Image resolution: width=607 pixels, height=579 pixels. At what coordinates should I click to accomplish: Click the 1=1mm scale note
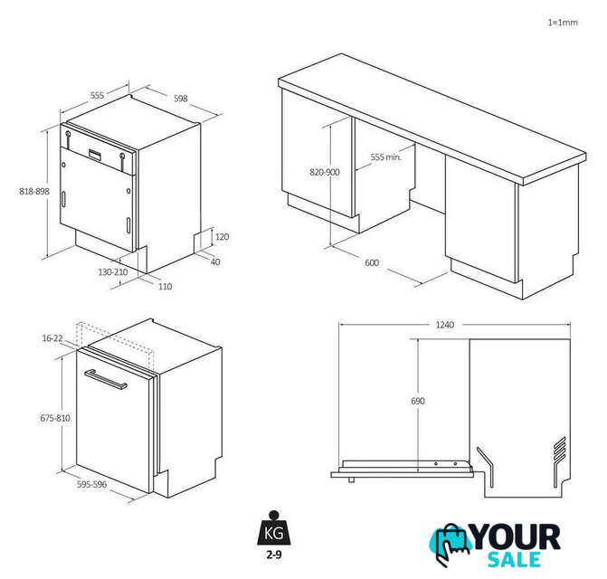(x=563, y=23)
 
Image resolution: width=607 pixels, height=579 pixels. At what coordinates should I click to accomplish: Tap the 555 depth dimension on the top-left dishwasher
(x=97, y=95)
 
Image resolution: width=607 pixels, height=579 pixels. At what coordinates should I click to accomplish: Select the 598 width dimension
(x=180, y=99)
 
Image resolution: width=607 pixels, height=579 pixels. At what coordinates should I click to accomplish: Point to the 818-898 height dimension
(x=34, y=191)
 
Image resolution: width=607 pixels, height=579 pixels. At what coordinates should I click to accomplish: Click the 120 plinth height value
(x=222, y=236)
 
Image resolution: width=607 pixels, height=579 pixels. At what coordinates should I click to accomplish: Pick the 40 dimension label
(x=215, y=261)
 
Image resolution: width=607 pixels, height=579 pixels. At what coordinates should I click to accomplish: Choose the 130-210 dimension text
(x=113, y=272)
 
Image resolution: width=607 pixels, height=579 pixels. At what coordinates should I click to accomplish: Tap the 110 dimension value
(x=165, y=287)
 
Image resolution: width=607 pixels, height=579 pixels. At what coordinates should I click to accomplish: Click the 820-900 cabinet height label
(x=325, y=172)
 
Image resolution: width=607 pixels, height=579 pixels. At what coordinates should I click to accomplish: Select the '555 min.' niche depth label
(x=386, y=157)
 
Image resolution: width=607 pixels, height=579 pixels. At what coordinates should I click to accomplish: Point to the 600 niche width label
(x=372, y=262)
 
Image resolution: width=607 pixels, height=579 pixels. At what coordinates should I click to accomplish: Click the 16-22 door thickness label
(x=52, y=338)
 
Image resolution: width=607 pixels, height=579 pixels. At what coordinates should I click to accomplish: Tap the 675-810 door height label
(x=55, y=418)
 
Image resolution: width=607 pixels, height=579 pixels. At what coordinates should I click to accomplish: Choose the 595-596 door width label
(x=91, y=484)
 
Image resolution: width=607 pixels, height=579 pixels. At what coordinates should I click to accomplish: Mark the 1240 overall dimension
(x=445, y=325)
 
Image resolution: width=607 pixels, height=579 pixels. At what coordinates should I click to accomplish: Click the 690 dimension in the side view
(x=418, y=401)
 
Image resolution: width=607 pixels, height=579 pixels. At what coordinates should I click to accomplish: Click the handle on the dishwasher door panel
(x=106, y=380)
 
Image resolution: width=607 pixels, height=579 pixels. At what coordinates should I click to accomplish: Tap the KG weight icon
(x=274, y=528)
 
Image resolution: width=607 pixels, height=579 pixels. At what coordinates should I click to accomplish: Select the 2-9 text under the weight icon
(x=274, y=555)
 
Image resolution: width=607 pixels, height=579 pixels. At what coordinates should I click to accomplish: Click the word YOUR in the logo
(x=516, y=536)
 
